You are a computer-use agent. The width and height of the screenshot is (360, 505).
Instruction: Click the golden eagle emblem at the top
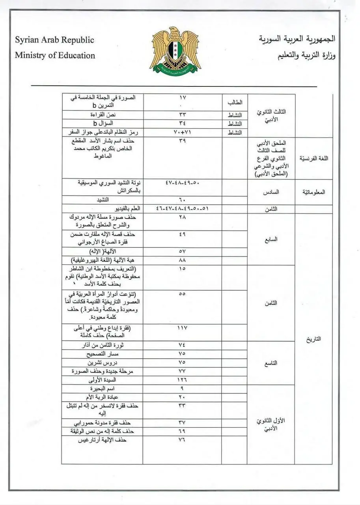click(x=175, y=50)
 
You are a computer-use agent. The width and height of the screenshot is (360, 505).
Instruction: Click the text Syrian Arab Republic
click(x=54, y=40)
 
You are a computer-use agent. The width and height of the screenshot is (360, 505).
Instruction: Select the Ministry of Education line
click(x=55, y=56)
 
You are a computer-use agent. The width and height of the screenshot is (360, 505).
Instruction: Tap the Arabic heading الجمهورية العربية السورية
click(x=297, y=39)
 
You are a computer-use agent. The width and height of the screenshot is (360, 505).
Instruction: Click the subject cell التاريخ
click(x=313, y=339)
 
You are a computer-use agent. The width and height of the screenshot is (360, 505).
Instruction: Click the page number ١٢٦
click(x=182, y=380)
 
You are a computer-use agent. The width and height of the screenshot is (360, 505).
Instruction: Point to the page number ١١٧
click(x=182, y=328)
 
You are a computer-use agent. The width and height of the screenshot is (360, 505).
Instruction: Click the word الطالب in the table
click(x=234, y=102)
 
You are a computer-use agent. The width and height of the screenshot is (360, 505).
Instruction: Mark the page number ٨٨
click(x=182, y=260)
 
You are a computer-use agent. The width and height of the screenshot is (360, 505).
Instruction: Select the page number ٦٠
click(x=182, y=200)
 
